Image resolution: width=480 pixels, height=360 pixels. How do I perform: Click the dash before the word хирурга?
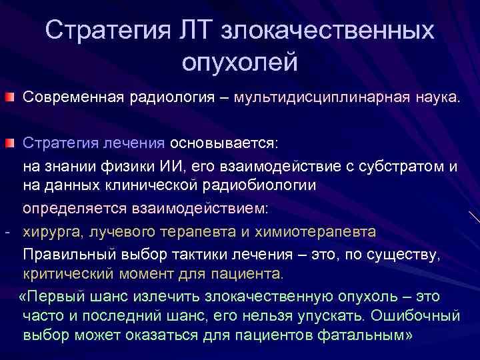coord(6,232)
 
